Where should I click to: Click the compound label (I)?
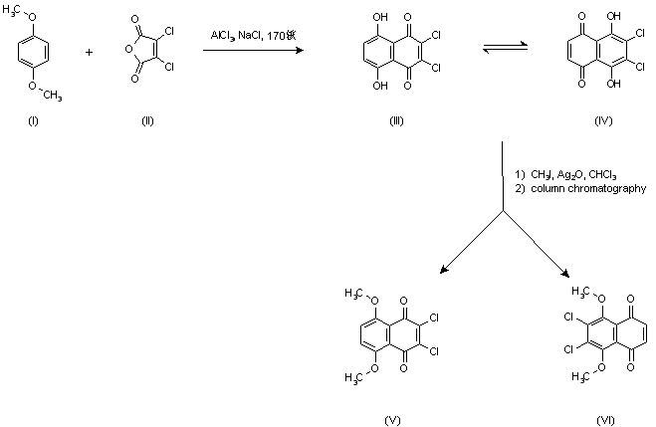click(x=35, y=120)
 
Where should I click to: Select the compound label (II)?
click(x=149, y=120)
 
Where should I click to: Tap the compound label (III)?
click(x=395, y=120)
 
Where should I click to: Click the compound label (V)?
click(x=392, y=420)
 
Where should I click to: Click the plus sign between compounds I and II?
click(x=89, y=53)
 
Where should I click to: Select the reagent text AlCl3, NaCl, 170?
click(x=253, y=36)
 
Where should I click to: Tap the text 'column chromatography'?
click(x=586, y=188)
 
